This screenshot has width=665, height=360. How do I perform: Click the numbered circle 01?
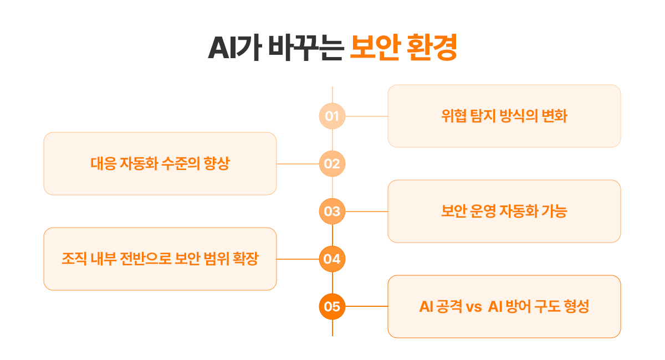[332, 116]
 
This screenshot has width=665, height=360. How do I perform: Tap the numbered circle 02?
[332, 164]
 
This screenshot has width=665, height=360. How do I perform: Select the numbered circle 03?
[332, 212]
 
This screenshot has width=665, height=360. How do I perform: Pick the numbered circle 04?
[332, 259]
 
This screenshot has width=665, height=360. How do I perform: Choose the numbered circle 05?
[332, 306]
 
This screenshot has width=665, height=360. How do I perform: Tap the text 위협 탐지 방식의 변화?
[504, 116]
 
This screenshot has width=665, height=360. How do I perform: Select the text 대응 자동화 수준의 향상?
[160, 164]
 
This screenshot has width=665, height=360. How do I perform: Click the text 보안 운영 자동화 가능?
[504, 212]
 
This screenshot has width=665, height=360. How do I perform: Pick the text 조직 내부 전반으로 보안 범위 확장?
[160, 259]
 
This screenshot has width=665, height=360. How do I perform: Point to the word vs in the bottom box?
[474, 307]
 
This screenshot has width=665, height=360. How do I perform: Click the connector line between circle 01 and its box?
[366, 116]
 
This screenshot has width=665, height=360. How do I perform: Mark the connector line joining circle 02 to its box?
[298, 164]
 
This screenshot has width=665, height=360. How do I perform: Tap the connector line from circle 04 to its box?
[298, 259]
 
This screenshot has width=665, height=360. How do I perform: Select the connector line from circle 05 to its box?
[366, 306]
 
